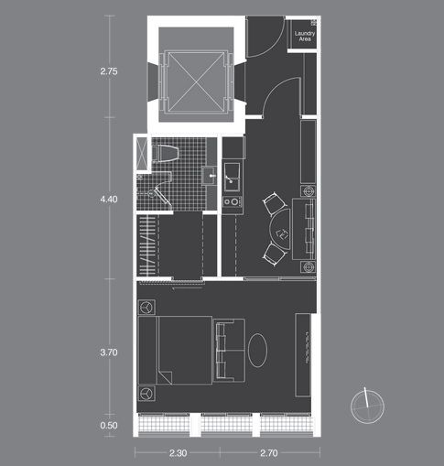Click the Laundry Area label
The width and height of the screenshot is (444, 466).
click(x=305, y=36)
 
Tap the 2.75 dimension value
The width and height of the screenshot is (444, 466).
click(x=109, y=71)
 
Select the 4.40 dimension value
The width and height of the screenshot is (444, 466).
click(x=109, y=200)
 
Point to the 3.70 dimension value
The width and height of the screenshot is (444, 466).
click(x=109, y=352)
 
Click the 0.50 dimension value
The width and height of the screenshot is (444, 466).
click(x=109, y=425)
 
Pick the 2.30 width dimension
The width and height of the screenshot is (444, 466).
click(x=178, y=453)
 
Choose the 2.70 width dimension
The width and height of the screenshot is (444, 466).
click(x=269, y=453)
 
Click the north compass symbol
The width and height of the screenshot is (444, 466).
click(x=367, y=406)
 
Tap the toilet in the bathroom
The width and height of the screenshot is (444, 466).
click(x=165, y=153)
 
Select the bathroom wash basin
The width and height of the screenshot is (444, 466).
click(x=209, y=176)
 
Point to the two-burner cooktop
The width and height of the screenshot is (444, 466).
click(x=233, y=201)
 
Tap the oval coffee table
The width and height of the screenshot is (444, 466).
click(x=257, y=350)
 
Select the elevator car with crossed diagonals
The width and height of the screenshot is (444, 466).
click(x=196, y=82)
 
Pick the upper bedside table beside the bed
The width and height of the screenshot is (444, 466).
click(x=146, y=307)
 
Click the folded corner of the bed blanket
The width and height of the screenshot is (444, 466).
click(x=165, y=377)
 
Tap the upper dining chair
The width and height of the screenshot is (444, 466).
click(x=274, y=203)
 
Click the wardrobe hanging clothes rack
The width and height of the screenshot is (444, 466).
click(x=147, y=245)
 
